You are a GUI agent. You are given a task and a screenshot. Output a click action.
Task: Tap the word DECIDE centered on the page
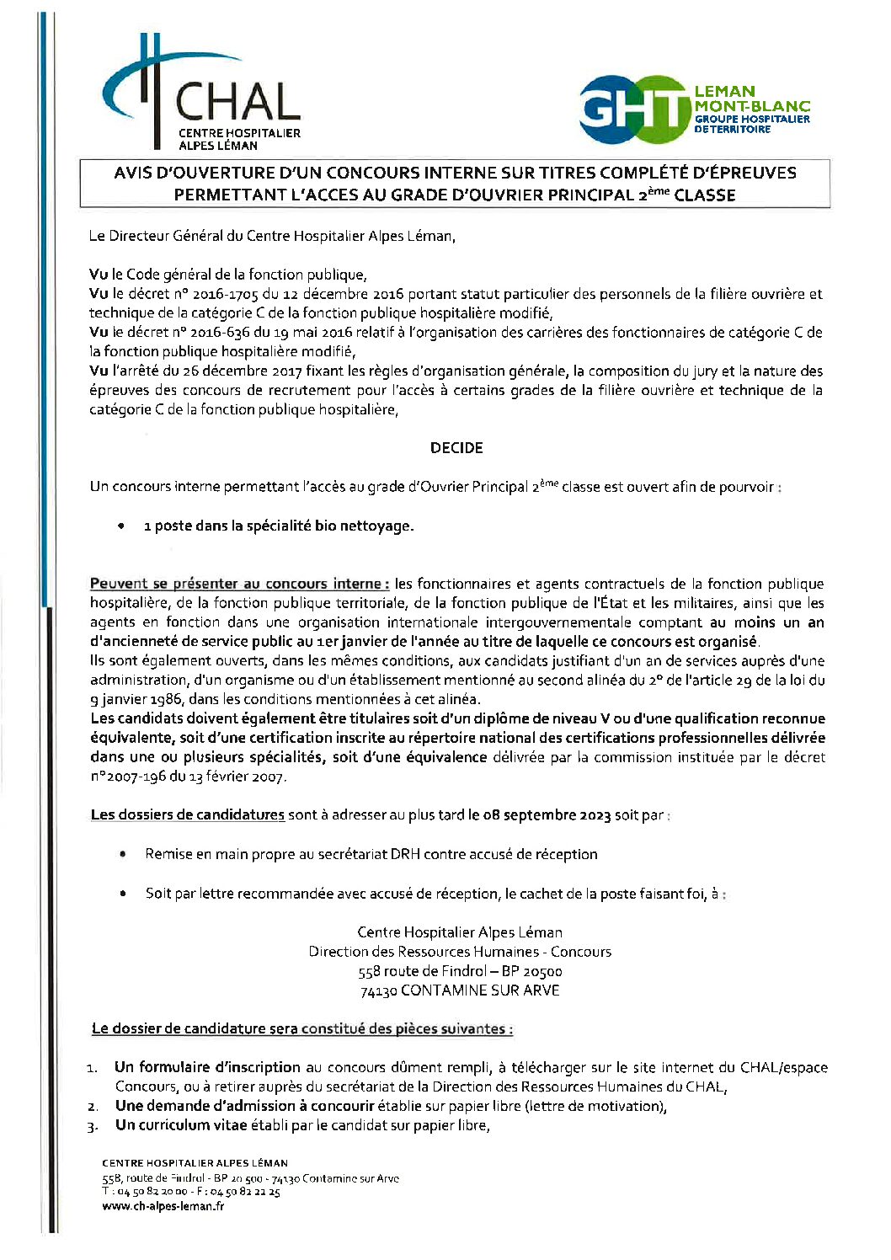click(x=456, y=448)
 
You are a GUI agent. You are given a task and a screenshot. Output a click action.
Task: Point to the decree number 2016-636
click(x=221, y=333)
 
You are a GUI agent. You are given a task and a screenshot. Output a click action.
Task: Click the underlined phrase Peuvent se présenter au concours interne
click(x=239, y=584)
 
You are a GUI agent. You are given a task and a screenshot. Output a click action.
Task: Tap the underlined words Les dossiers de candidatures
click(x=187, y=815)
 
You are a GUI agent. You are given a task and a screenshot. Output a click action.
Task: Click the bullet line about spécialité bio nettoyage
click(x=279, y=526)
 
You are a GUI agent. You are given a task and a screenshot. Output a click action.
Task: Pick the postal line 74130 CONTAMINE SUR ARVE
click(x=460, y=990)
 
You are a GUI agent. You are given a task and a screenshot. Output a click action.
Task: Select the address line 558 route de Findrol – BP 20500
click(x=460, y=971)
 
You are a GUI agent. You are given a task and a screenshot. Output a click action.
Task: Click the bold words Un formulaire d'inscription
click(x=208, y=1067)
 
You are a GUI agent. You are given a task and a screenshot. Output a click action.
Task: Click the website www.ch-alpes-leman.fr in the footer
click(x=163, y=1206)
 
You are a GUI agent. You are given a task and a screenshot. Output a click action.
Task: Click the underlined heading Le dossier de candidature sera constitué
click(x=301, y=1028)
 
